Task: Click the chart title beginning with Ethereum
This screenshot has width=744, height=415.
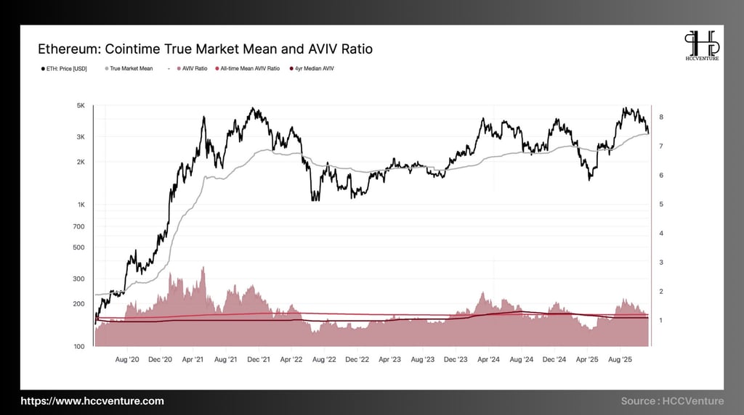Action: click(205, 49)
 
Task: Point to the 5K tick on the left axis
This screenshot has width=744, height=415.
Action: click(81, 106)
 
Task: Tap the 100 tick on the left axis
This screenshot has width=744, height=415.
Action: click(78, 347)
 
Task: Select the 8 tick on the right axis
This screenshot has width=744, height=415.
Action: click(660, 118)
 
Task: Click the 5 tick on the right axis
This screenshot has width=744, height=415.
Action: click(660, 205)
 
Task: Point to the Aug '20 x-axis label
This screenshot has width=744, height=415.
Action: click(127, 359)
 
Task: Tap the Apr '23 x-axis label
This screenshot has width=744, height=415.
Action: click(390, 359)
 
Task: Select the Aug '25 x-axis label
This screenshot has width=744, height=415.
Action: click(620, 359)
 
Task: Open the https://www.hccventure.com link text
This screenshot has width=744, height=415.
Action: click(92, 401)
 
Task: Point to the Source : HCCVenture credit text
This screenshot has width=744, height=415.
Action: click(672, 401)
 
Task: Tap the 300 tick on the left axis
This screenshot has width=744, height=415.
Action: click(78, 279)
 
